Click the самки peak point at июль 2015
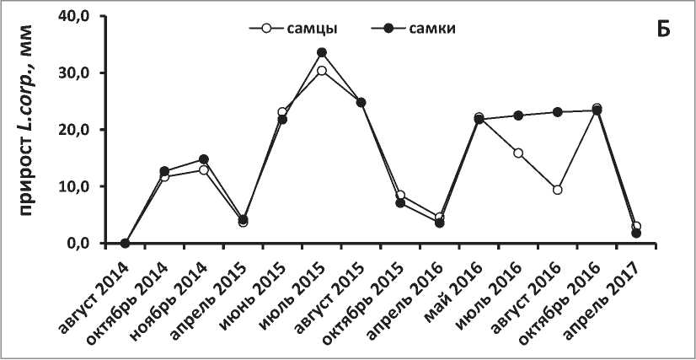pyautogui.click(x=322, y=52)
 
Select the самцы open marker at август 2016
pyautogui.click(x=557, y=190)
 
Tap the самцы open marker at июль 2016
pyautogui.click(x=518, y=153)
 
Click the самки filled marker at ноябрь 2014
pyautogui.click(x=204, y=159)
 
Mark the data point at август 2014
pyautogui.click(x=126, y=243)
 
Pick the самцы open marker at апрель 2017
pyautogui.click(x=636, y=227)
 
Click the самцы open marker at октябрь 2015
pyautogui.click(x=400, y=196)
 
